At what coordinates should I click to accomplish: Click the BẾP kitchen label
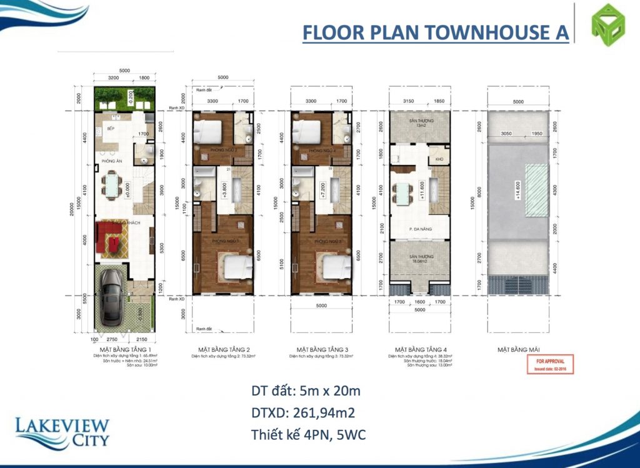pos(111,128)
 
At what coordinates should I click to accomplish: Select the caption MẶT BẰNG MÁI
pos(518,349)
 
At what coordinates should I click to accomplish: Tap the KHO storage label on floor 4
pos(439,159)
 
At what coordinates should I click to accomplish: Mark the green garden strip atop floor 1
pos(124,97)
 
